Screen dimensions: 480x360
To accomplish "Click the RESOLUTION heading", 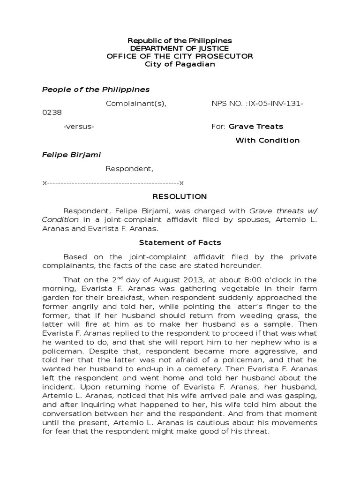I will pyautogui.click(x=180, y=196).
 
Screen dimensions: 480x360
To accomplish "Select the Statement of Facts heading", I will pyautogui.click(x=180, y=242).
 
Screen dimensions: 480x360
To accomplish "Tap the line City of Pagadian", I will pyautogui.click(x=180, y=64).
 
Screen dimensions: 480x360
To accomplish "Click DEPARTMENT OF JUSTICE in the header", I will pyautogui.click(x=180, y=49).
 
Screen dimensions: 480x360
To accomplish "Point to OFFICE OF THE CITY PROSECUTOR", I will pyautogui.click(x=180, y=56).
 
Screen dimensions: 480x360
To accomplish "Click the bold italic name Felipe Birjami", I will pyautogui.click(x=71, y=154).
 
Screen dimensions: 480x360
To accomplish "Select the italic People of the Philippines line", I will pyautogui.click(x=96, y=89).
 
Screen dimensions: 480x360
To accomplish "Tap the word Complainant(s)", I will pyautogui.click(x=136, y=103).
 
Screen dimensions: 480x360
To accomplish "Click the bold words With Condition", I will pyautogui.click(x=267, y=140).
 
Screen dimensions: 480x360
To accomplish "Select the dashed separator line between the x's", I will pyautogui.click(x=113, y=182).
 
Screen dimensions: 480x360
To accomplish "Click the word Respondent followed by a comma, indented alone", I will pyautogui.click(x=129, y=168).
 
